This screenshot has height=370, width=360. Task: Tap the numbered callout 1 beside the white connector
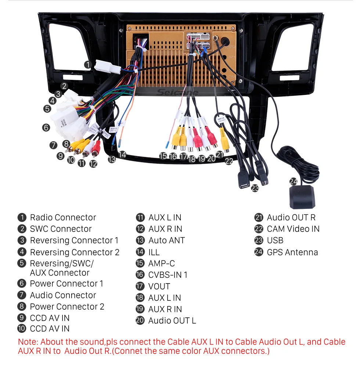87,64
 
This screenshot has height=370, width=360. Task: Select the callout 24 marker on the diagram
293,181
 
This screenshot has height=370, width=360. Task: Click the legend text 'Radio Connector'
63,217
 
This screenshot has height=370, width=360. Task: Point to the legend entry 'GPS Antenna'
292,252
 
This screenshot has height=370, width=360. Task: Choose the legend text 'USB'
275,241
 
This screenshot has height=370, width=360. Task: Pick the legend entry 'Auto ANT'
166,241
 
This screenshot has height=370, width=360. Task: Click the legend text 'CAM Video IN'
293,229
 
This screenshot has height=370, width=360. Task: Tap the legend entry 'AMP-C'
161,263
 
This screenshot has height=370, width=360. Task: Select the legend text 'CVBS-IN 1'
168,275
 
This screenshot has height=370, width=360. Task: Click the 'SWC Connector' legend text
61,229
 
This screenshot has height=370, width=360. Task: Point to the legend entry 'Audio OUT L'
172,321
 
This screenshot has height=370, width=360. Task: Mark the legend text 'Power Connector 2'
67,306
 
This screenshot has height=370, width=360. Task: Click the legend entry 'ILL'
154,252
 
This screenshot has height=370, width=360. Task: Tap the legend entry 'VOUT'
159,286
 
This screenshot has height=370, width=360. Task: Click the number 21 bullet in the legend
259,217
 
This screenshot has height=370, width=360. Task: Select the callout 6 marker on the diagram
46,128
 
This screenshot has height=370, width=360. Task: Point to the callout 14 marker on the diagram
122,155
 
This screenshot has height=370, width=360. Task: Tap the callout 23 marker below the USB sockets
255,188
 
